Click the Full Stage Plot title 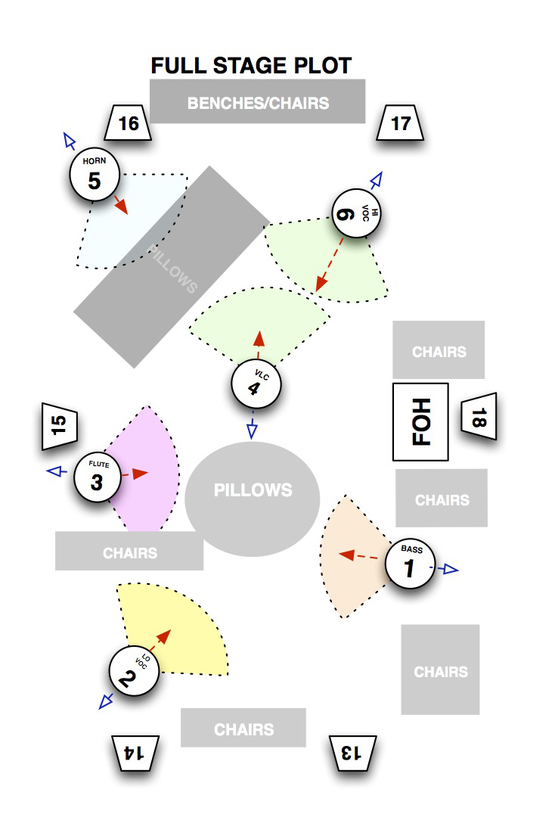click(x=251, y=66)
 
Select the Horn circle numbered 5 click(x=95, y=176)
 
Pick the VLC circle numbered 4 click(x=256, y=384)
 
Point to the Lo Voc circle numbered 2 click(x=134, y=671)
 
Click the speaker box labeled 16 click(x=129, y=123)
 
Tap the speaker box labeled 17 click(x=400, y=123)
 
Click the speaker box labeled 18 click(x=479, y=417)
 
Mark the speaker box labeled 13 click(x=352, y=754)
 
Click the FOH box click(x=420, y=421)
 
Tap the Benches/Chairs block click(x=258, y=101)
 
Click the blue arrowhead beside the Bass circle click(x=451, y=570)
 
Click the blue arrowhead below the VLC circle click(x=253, y=430)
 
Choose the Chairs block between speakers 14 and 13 click(x=243, y=728)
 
